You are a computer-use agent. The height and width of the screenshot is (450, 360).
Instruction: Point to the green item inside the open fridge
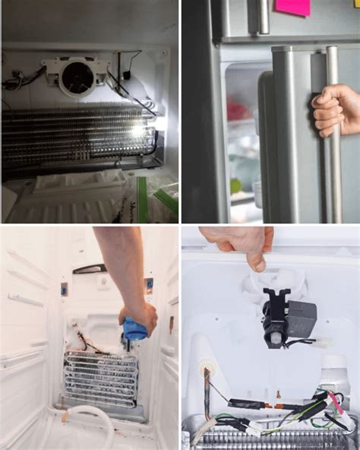236,185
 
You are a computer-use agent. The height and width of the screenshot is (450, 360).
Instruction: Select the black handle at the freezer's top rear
90,268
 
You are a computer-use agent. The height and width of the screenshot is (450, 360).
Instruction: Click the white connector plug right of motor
324,343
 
